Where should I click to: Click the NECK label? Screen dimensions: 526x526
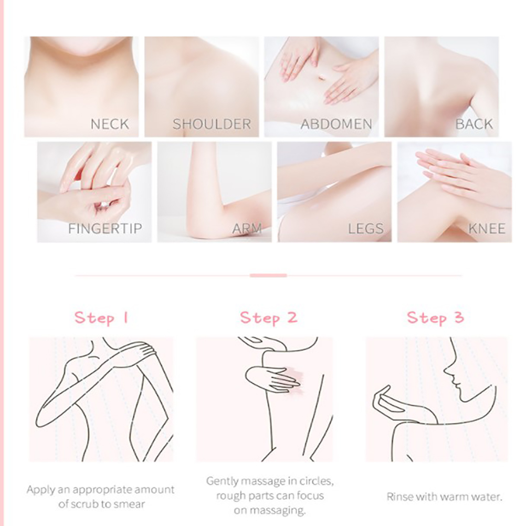pos(110,124)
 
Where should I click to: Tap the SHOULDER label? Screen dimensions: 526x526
pos(212,124)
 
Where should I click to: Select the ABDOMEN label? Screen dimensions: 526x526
pos(336,124)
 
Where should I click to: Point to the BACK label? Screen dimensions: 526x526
pos(474,124)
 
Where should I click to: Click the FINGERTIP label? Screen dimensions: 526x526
pos(105,228)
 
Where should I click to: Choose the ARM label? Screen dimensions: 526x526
pos(247,228)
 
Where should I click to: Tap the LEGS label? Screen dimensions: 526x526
pos(366,228)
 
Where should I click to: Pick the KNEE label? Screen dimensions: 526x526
pos(487,228)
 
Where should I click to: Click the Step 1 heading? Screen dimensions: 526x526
pos(101,318)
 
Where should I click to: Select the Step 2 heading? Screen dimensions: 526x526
pos(268,318)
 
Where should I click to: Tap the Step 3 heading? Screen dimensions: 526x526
pos(435,318)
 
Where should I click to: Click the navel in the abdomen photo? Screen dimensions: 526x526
pos(322,78)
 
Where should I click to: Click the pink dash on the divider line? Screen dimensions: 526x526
pos(268,276)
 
